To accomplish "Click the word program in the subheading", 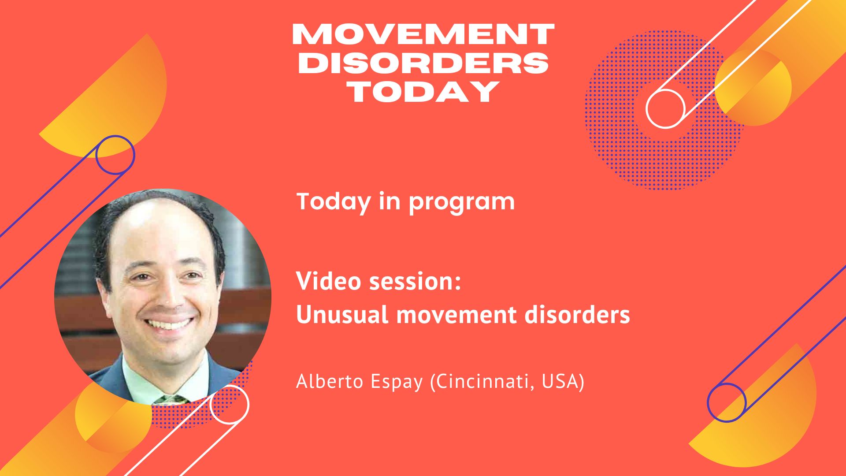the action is click(x=461, y=203).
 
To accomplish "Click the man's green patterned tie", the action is click(x=171, y=400).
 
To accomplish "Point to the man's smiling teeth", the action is click(x=170, y=325).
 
